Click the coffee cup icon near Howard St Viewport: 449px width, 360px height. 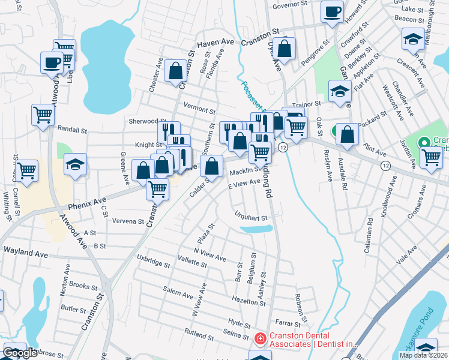332,11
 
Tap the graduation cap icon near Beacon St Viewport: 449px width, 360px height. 413,40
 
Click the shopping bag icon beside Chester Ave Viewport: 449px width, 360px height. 176,71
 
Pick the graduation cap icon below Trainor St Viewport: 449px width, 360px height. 339,91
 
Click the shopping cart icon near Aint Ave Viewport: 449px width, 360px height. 431,157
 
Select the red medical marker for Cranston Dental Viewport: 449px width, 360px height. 260,339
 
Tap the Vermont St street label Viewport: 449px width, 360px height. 199,110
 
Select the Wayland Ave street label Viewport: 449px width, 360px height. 25,254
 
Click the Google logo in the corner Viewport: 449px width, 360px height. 20,353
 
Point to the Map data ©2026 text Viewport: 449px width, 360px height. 423,355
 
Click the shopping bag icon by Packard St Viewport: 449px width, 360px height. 347,135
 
